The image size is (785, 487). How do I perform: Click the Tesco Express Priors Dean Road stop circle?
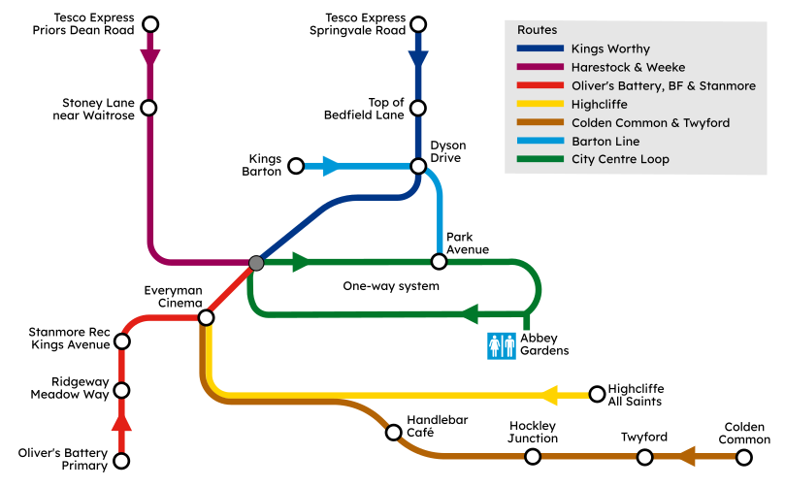click(149, 24)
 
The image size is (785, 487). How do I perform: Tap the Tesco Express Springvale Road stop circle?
click(418, 24)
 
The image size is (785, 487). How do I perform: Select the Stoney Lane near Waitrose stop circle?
click(149, 108)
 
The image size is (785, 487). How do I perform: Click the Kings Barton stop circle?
click(297, 166)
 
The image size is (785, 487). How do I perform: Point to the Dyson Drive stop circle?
click(418, 166)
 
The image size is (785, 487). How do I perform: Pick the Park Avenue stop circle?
click(439, 261)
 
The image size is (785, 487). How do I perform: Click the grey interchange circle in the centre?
click(256, 262)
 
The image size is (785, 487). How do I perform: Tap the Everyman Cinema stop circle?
click(206, 317)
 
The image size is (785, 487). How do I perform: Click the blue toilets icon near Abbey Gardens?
click(501, 346)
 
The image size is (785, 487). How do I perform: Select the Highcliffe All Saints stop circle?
click(596, 394)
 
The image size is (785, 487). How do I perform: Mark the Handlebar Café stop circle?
click(393, 433)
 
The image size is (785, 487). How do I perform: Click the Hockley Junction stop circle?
click(534, 456)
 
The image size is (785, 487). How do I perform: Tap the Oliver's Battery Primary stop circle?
click(122, 461)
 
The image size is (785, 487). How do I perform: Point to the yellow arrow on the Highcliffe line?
click(552, 395)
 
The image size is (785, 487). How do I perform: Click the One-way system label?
click(391, 286)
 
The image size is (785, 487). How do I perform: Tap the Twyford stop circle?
click(644, 456)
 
